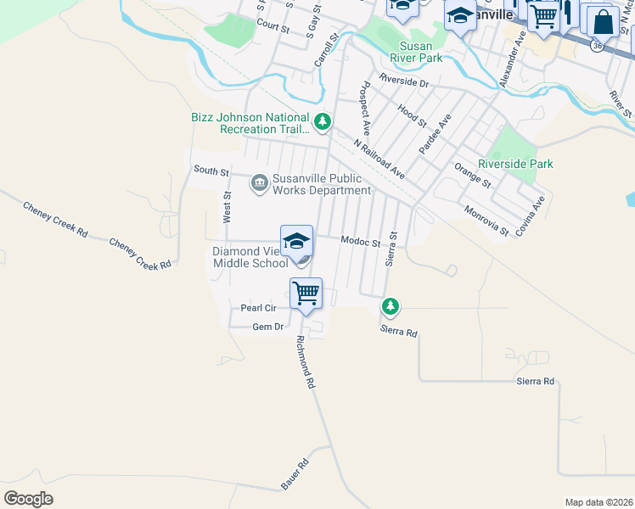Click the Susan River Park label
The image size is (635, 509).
click(x=416, y=52)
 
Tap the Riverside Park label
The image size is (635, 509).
click(x=515, y=164)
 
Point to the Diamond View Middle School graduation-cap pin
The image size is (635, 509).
click(x=296, y=241)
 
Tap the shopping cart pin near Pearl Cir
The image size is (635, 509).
click(x=306, y=294)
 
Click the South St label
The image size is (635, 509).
click(x=211, y=171)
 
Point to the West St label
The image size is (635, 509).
click(x=228, y=207)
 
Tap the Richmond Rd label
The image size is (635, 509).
click(x=306, y=361)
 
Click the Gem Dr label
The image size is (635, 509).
click(x=267, y=327)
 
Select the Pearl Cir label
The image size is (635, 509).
click(x=259, y=308)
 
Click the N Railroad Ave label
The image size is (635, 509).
click(x=380, y=159)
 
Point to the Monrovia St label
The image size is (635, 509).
click(x=486, y=221)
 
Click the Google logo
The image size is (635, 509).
click(x=28, y=499)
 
